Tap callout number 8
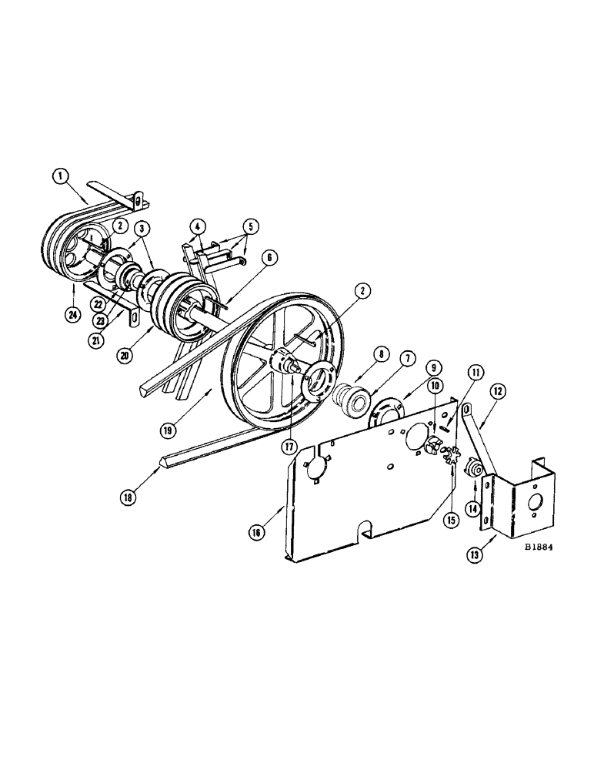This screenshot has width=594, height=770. pos(359,357)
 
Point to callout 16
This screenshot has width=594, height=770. pos(275,531)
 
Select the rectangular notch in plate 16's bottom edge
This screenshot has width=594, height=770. pos(364,530)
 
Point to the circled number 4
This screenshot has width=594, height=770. pos(198,227)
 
